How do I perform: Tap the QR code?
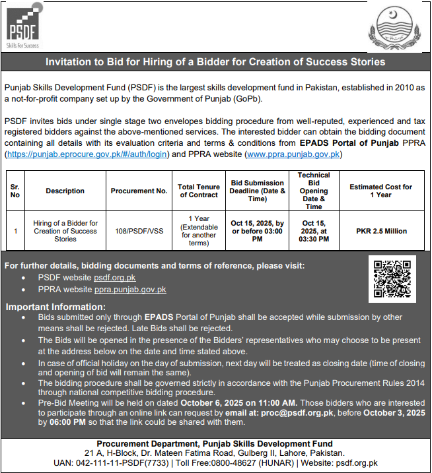392,279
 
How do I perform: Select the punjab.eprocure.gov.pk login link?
87,154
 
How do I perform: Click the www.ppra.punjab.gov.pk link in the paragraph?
293,154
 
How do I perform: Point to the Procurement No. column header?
139,191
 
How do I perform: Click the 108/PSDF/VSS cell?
139,232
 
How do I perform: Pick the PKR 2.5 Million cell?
381,232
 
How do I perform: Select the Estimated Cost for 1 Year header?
381,191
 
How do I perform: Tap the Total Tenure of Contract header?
198,191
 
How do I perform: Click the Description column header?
65,191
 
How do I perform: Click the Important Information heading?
51,307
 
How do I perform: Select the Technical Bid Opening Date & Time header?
314,191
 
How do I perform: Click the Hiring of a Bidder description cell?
65,232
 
